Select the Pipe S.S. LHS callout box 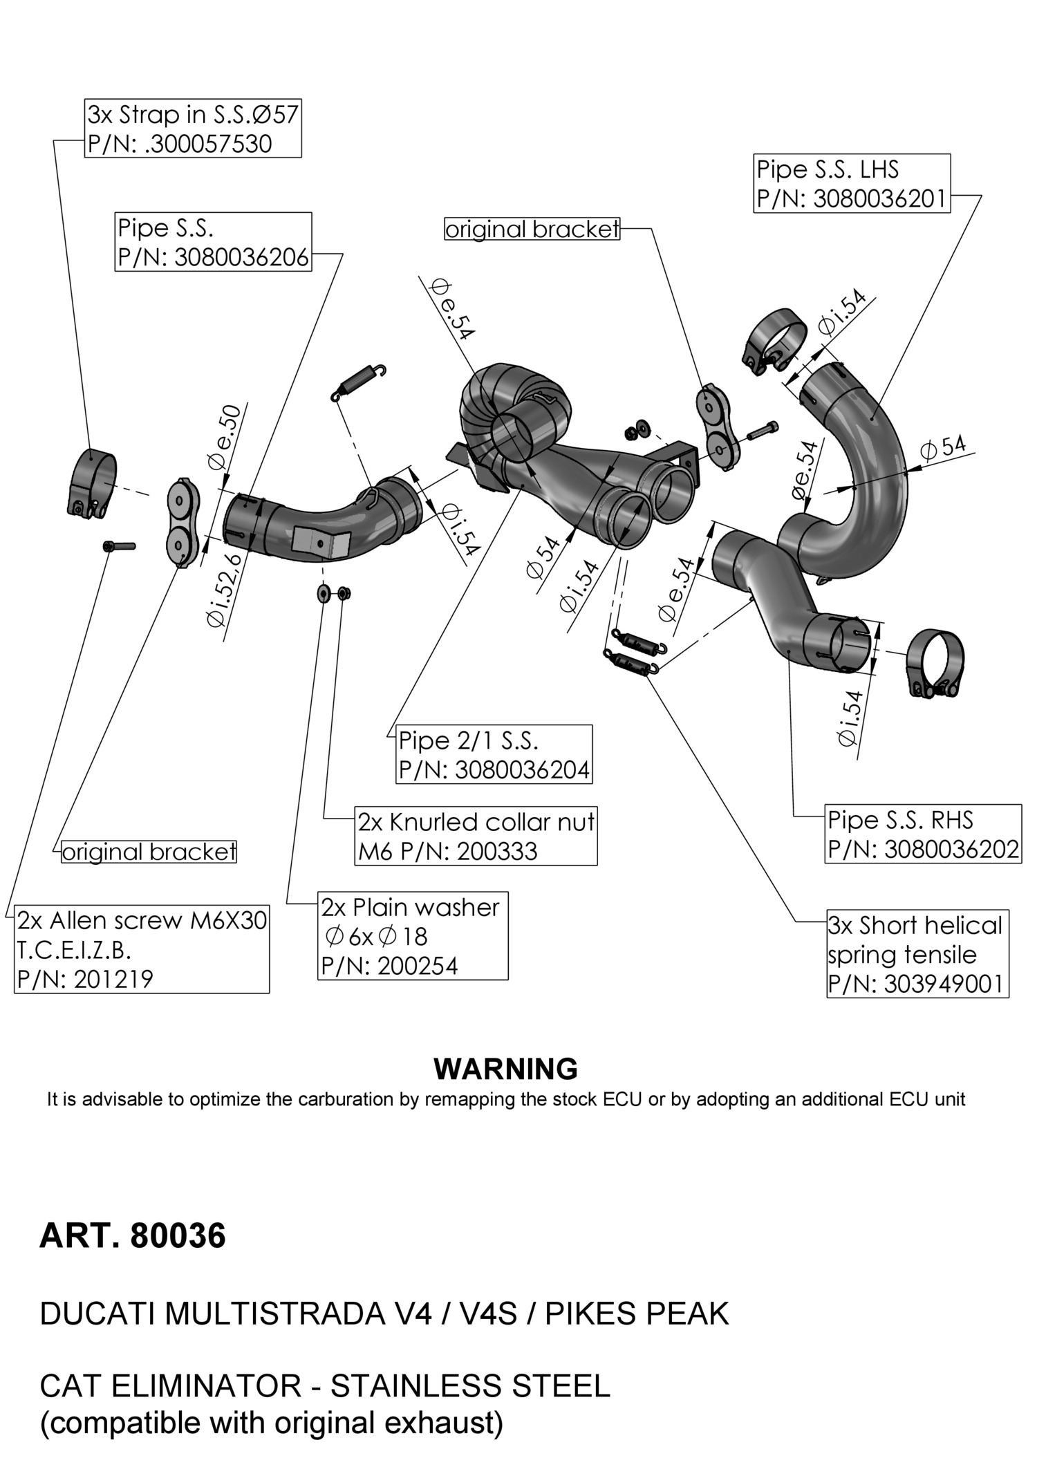[851, 183]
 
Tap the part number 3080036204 [522, 769]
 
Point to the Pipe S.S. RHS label [900, 821]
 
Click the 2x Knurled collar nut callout [476, 836]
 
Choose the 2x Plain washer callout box [413, 935]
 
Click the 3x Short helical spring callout [917, 954]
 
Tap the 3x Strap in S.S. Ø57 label [193, 114]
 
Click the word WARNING [505, 1069]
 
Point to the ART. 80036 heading [133, 1237]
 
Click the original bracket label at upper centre [532, 230]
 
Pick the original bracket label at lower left [149, 852]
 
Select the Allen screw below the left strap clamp [119, 546]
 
